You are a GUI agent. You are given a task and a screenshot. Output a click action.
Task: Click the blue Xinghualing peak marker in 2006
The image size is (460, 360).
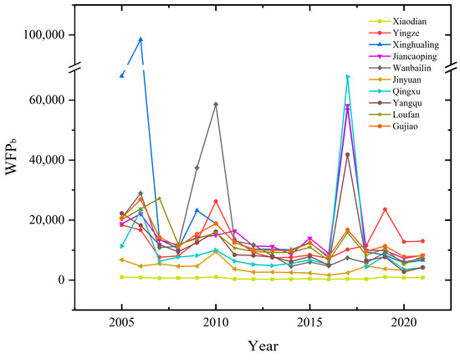coord(141,39)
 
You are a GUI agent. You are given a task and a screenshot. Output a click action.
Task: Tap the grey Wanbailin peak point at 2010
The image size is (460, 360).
coord(216,104)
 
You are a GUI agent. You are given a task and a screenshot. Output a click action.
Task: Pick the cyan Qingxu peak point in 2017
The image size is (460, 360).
coord(348,77)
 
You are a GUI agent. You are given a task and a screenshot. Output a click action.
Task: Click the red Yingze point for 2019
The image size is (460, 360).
coord(386,209)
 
